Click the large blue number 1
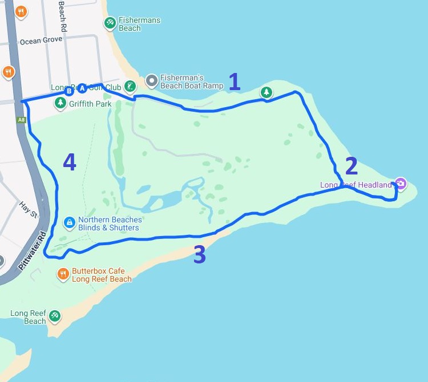(x=234, y=82)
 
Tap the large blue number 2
(x=351, y=166)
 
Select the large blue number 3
(x=199, y=255)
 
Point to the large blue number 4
(x=69, y=162)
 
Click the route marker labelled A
(x=82, y=88)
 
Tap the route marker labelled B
(x=69, y=91)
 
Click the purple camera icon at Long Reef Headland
(x=401, y=183)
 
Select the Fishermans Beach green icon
(x=110, y=23)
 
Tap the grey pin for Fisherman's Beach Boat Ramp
(x=151, y=81)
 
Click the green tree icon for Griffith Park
(x=60, y=103)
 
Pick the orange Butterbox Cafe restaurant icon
(x=63, y=274)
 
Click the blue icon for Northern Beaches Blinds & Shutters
(x=69, y=222)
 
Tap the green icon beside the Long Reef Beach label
(x=54, y=315)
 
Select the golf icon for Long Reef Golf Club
(x=130, y=86)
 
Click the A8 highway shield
(x=22, y=120)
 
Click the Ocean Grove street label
(x=41, y=41)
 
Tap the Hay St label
(x=28, y=209)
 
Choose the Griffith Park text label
(x=90, y=104)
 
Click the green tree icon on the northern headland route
(x=266, y=92)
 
